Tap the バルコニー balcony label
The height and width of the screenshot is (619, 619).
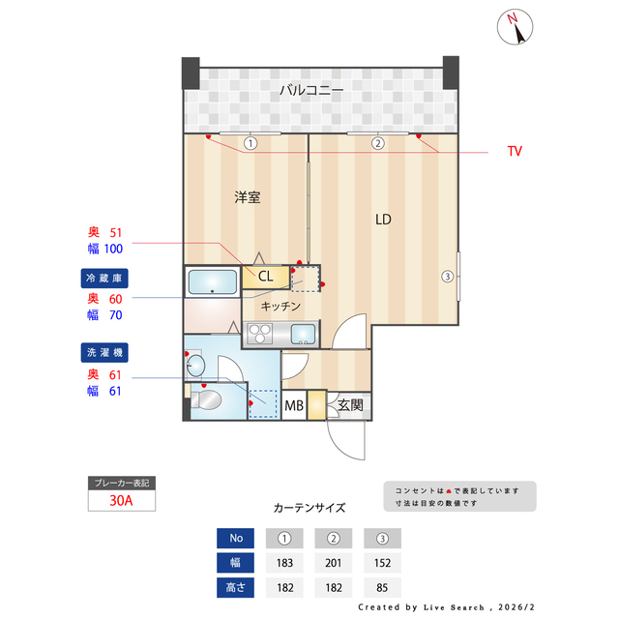click(310, 90)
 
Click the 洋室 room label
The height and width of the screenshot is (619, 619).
click(247, 197)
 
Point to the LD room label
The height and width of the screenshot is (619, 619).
click(383, 220)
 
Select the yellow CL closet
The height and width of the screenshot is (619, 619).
click(264, 277)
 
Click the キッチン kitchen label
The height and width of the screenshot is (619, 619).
click(280, 306)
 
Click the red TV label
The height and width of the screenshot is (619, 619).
click(515, 152)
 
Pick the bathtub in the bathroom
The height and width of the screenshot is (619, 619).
click(212, 282)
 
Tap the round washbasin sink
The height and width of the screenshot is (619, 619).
click(195, 365)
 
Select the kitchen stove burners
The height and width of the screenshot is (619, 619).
click(261, 335)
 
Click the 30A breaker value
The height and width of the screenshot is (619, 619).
click(121, 501)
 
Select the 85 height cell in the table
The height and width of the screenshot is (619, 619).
click(381, 587)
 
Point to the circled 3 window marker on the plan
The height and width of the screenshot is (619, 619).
click(447, 277)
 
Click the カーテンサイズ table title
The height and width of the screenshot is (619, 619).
click(309, 507)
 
